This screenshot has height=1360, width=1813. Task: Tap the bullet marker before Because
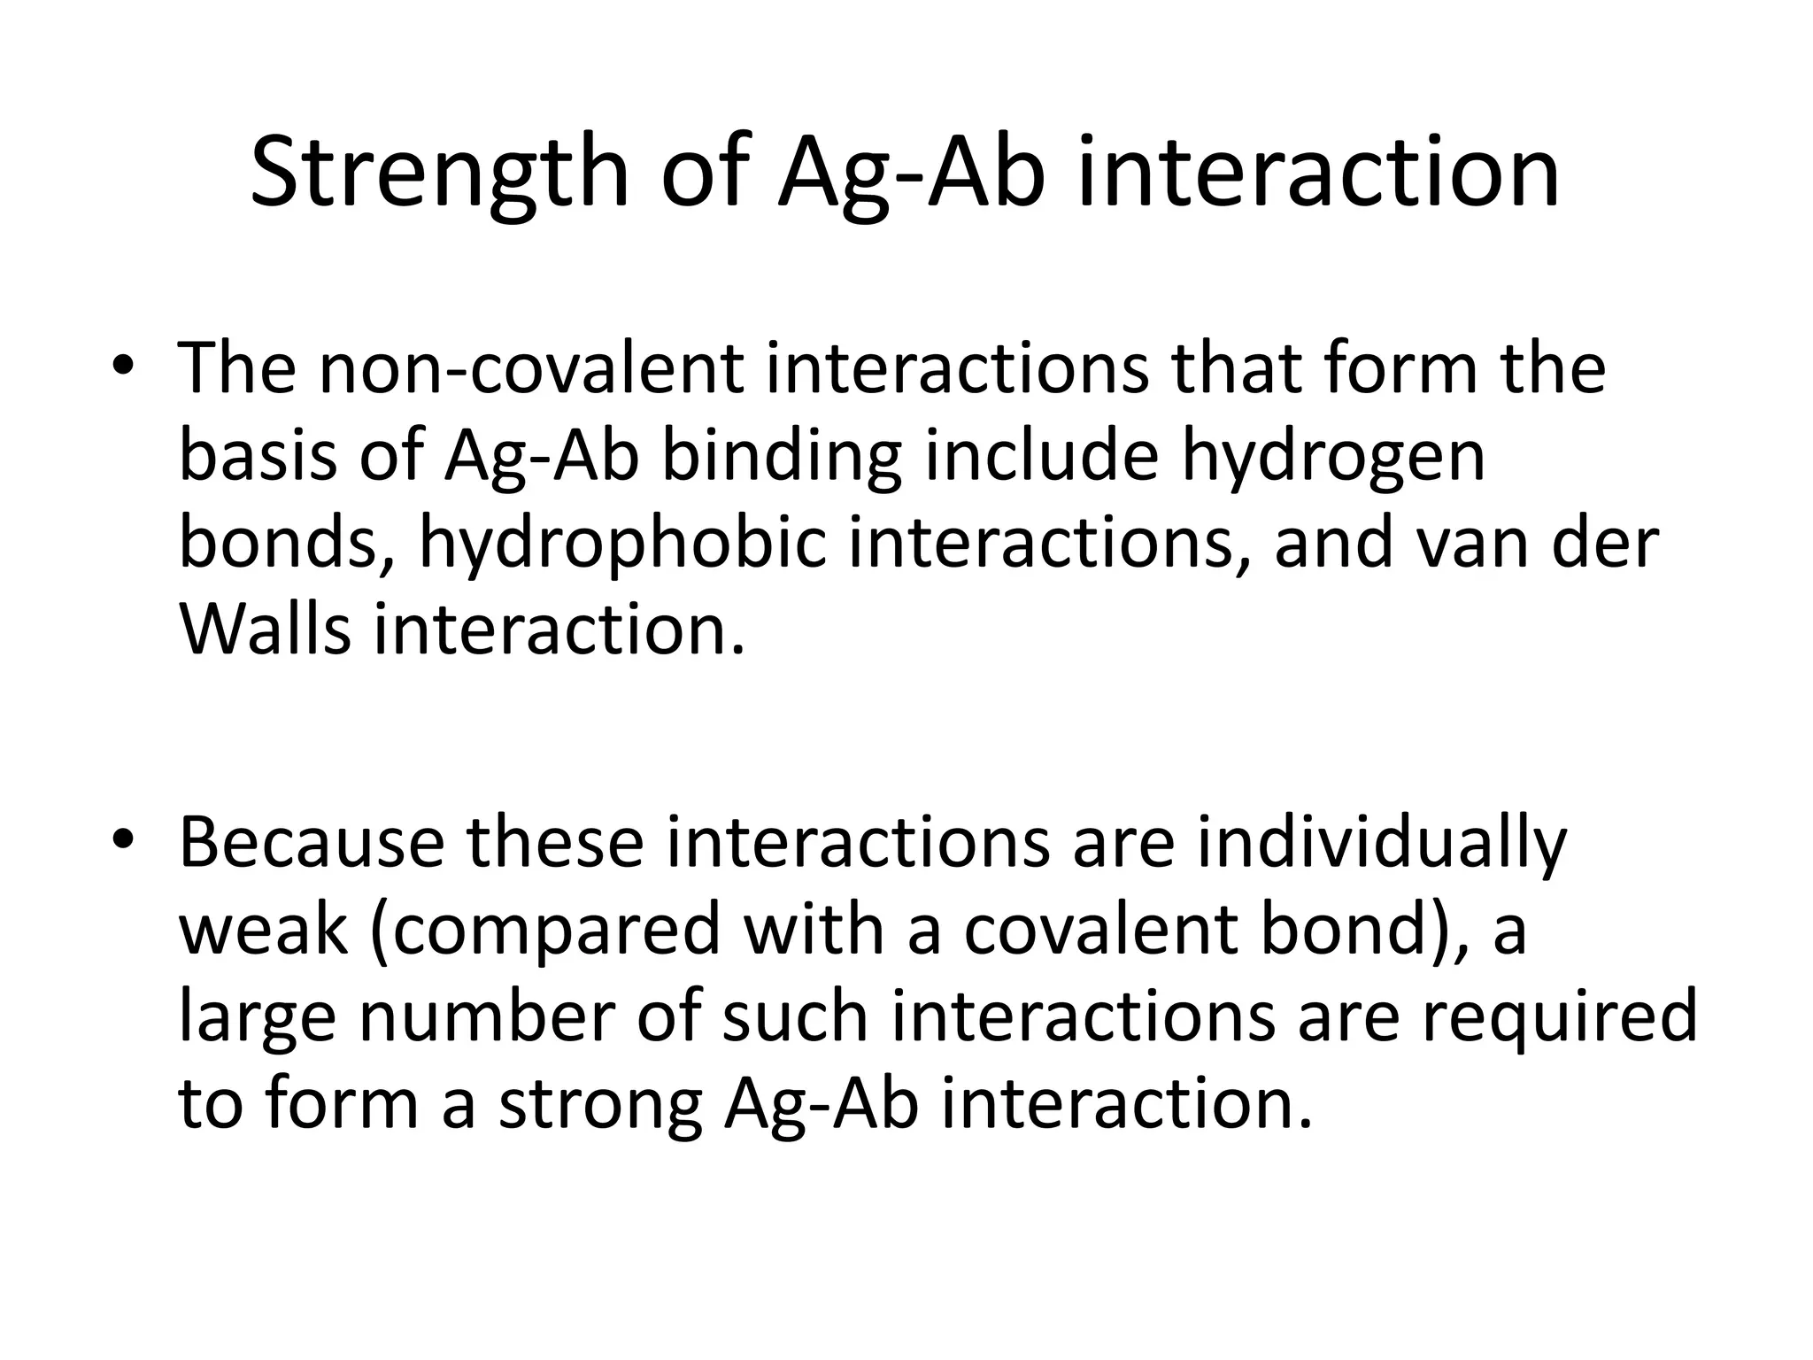coord(123,838)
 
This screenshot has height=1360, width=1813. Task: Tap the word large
coord(257,1018)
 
